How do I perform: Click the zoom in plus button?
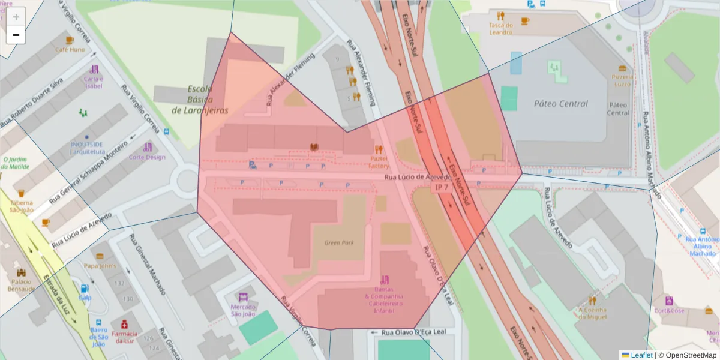coord(16,17)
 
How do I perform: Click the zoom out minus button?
coord(16,35)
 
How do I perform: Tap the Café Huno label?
coord(70,50)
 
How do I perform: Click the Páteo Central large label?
coord(560,104)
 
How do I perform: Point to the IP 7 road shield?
coord(442,188)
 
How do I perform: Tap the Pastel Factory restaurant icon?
coord(378,149)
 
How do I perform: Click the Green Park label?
coord(338,243)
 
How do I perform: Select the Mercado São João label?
coord(243,310)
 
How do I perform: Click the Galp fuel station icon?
coord(85,289)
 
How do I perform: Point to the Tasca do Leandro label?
coord(500,28)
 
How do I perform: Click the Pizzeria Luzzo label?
coord(622,80)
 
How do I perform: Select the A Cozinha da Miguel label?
coord(592,313)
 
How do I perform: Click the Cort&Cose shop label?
coord(669,311)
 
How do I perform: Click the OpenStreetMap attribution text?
coord(687,355)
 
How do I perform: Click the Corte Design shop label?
coord(147,157)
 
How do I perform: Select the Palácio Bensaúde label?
coord(20,285)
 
